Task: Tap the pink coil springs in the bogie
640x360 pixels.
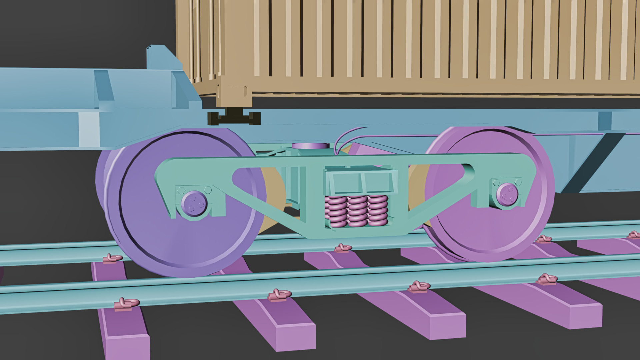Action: pyautogui.click(x=357, y=211)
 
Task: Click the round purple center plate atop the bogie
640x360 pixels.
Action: pyautogui.click(x=310, y=146)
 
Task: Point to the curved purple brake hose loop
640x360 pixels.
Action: pyautogui.click(x=343, y=140)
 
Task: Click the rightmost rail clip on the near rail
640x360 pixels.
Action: pyautogui.click(x=547, y=279)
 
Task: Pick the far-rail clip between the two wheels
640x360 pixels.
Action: pyautogui.click(x=343, y=248)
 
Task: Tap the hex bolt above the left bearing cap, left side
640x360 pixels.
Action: pyautogui.click(x=181, y=190)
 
